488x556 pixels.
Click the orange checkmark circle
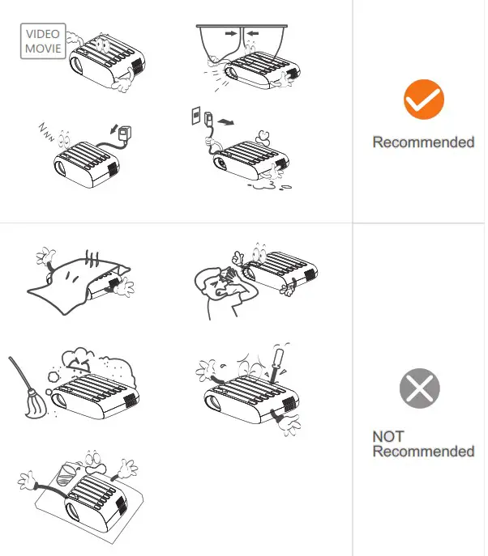pos(424,100)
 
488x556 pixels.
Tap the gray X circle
pos(419,388)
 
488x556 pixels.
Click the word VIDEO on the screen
pos(43,34)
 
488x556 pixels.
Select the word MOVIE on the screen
pos(43,49)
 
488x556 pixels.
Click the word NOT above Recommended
pos(387,436)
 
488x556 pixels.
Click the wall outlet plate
pos(195,116)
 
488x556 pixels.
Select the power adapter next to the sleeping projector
pos(124,134)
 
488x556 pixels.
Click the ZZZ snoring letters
pos(46,132)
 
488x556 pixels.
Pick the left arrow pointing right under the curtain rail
pos(231,34)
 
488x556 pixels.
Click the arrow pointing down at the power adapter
pos(114,129)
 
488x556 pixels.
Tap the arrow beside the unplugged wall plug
pos(226,122)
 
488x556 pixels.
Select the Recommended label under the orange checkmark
pos(423,142)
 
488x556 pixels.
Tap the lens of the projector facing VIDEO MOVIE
pos(77,65)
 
